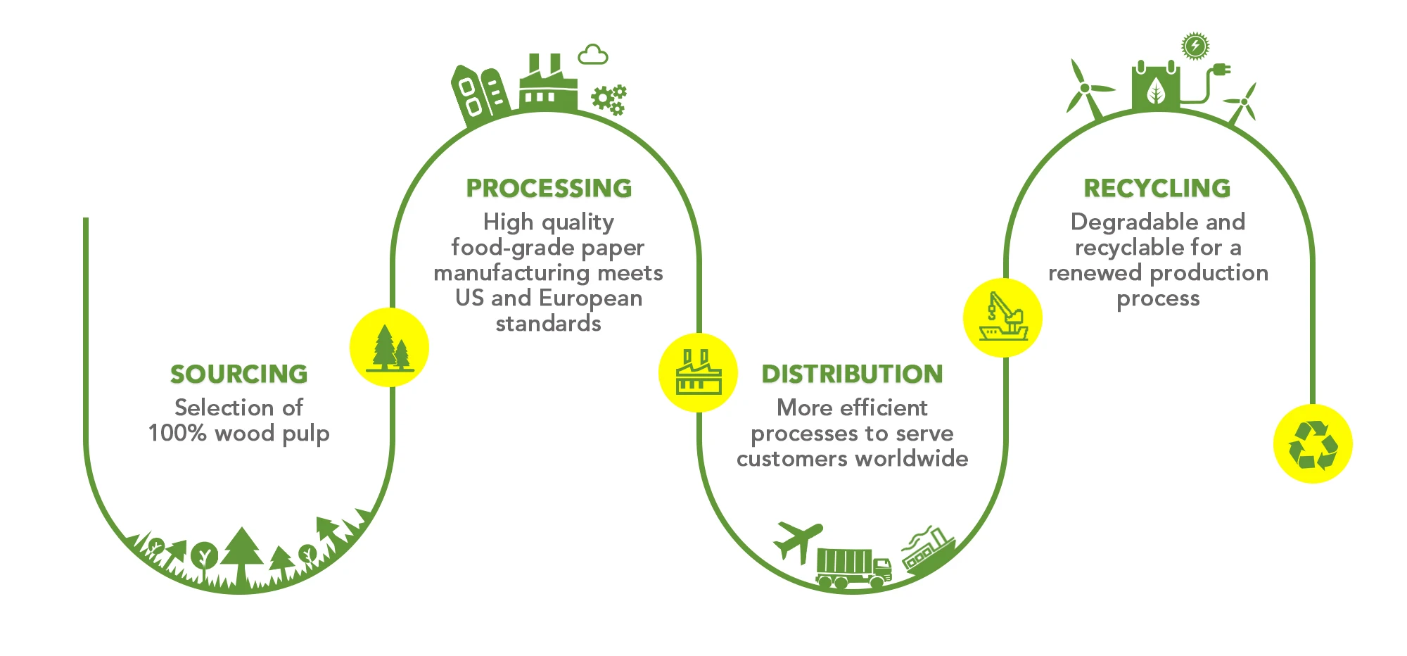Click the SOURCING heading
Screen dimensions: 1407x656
(x=238, y=374)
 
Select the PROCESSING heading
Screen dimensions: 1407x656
(x=549, y=189)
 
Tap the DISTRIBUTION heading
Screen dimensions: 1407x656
(x=852, y=374)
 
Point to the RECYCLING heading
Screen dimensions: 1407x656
(x=1157, y=189)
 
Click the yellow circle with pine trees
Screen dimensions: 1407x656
(x=389, y=348)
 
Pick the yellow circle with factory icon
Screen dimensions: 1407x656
(x=698, y=373)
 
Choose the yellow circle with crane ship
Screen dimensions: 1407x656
(x=1002, y=318)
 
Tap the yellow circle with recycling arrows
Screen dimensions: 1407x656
(x=1313, y=444)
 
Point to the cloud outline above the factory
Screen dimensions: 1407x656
(x=592, y=55)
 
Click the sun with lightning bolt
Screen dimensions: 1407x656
(x=1195, y=46)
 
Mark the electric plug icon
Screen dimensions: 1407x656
(x=1221, y=70)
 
